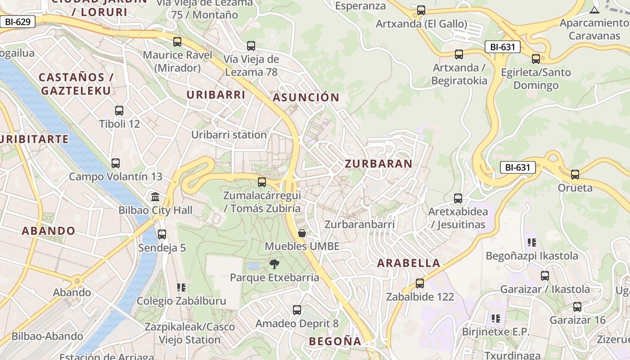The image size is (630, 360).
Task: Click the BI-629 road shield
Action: [18, 21]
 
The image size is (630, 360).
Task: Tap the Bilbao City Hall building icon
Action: [155, 197]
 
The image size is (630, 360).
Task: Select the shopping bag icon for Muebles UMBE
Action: [302, 233]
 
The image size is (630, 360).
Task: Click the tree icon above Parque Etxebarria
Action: [274, 264]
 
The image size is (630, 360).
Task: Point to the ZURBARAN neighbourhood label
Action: [378, 164]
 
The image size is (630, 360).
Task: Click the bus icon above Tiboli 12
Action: [119, 111]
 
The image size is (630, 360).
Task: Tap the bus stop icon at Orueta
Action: [575, 175]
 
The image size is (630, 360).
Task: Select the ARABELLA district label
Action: [408, 263]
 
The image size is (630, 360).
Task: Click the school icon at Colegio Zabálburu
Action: [181, 288]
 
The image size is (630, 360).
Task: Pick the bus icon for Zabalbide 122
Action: [420, 283]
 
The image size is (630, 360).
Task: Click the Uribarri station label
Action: [229, 135]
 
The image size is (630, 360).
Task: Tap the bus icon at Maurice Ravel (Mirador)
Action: [177, 42]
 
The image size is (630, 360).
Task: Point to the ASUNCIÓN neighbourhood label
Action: [306, 97]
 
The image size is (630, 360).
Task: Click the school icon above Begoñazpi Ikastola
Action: [532, 243]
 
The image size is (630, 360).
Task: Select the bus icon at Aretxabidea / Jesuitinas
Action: [458, 198]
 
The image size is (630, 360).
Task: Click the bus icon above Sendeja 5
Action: [162, 234]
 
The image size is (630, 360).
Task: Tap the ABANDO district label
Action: [49, 231]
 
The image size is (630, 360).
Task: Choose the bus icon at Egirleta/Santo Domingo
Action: [535, 59]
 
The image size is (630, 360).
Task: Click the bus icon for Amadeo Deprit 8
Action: [297, 310]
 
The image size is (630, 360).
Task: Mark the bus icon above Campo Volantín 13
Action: [116, 163]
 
